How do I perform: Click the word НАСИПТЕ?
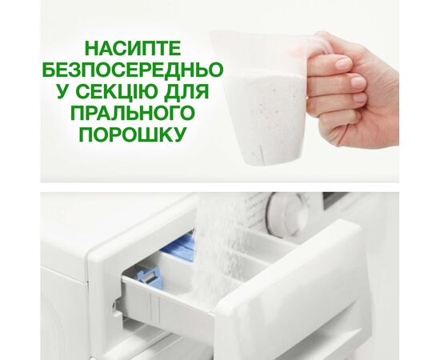(x=133, y=48)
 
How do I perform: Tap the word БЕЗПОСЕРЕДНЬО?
(x=133, y=70)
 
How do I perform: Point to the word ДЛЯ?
(x=186, y=91)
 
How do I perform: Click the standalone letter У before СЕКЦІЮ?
(x=64, y=91)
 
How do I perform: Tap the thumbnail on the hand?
(x=343, y=64)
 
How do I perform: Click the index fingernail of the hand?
(x=358, y=82)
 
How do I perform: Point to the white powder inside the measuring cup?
(x=266, y=112)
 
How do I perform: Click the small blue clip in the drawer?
(x=148, y=276)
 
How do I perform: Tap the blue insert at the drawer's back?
(x=179, y=247)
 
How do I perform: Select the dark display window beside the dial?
(x=335, y=200)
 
